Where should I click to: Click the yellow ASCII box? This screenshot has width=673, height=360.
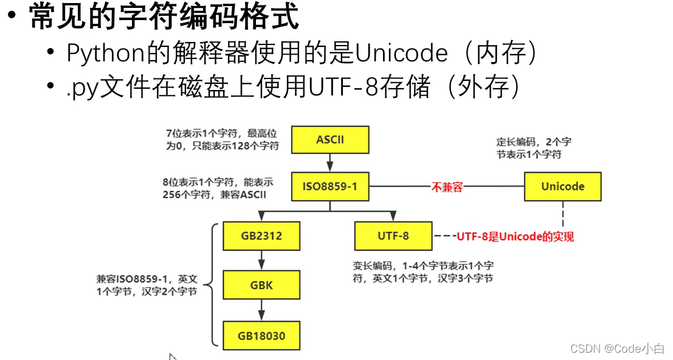point(330,139)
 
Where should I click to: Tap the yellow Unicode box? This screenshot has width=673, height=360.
point(562,187)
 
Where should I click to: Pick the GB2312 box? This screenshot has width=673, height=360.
point(261,235)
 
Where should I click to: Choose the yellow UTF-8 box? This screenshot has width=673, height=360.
point(393,235)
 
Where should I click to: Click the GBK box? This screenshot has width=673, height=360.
point(261,285)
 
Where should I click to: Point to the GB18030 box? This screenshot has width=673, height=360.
point(261,335)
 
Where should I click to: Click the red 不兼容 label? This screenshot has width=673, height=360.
point(447,187)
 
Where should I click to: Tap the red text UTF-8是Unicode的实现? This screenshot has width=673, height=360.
point(515,237)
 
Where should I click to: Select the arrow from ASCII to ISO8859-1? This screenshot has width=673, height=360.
point(330,162)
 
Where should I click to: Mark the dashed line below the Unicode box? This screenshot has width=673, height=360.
point(562,213)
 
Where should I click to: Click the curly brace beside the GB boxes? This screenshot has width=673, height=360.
point(212,285)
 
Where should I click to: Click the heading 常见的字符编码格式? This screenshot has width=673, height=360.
point(164,17)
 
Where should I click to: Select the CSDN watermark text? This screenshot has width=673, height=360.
point(617,348)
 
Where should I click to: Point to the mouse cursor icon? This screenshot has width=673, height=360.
point(173,357)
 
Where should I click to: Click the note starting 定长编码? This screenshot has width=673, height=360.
point(533,148)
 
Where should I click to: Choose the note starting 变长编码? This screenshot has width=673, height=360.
point(423,272)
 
